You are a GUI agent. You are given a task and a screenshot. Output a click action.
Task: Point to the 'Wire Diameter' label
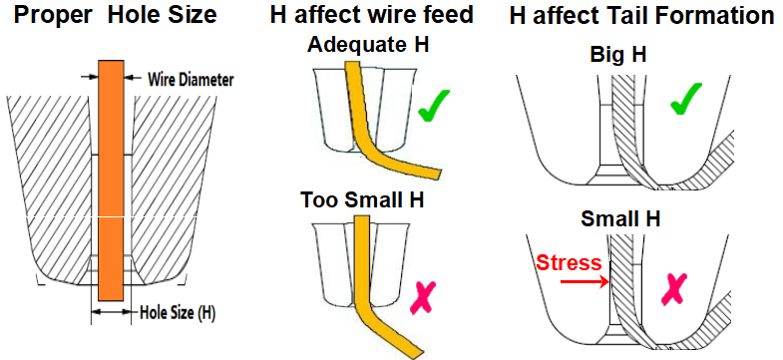[190, 77]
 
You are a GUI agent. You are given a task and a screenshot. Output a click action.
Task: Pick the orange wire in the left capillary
[110, 180]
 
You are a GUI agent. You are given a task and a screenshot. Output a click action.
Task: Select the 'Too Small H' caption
[362, 199]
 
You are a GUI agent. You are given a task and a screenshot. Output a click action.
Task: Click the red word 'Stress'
[568, 263]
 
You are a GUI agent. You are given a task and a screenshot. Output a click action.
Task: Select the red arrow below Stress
[585, 282]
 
